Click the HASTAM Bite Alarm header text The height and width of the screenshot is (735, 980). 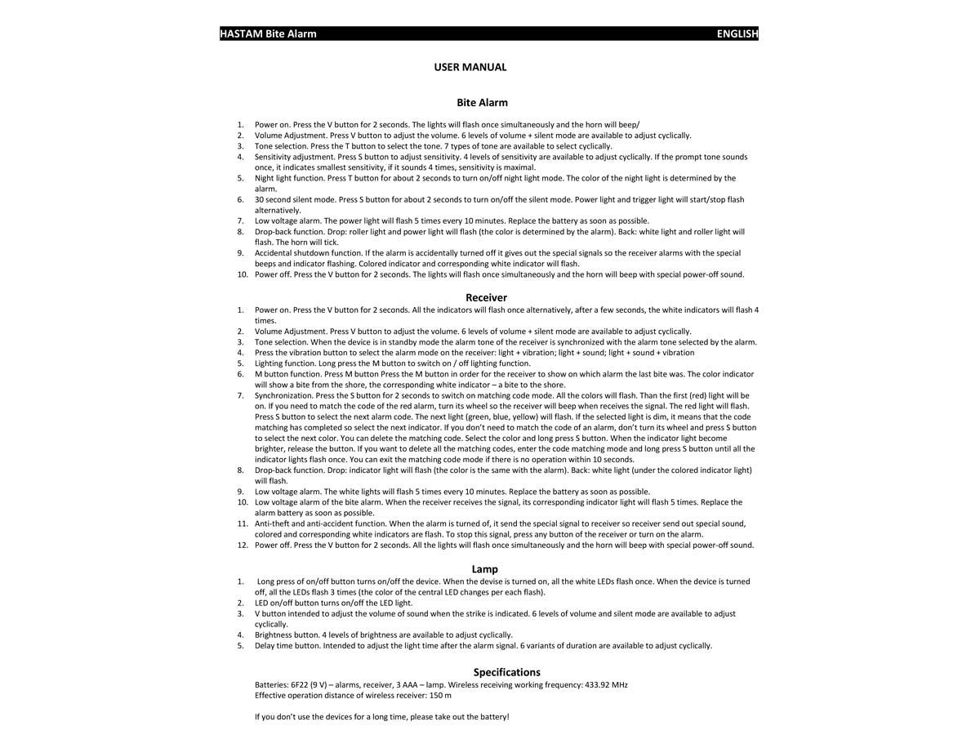(268, 33)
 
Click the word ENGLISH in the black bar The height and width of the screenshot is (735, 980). (737, 33)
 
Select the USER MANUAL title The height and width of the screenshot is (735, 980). (470, 67)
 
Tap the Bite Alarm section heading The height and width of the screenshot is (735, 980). (482, 103)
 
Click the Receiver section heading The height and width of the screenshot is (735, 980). (486, 298)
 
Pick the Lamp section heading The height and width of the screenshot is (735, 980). (484, 569)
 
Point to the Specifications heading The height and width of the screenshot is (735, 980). (506, 672)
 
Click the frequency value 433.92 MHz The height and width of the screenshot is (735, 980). (606, 684)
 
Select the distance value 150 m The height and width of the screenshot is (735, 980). (440, 695)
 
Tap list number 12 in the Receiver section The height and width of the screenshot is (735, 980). (243, 545)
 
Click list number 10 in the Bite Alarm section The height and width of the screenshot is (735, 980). (243, 274)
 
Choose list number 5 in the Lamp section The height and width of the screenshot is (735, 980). (241, 645)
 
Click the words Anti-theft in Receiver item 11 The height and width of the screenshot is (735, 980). (274, 523)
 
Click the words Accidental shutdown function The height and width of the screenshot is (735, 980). (308, 253)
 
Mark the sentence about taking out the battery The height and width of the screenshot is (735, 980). (381, 716)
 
